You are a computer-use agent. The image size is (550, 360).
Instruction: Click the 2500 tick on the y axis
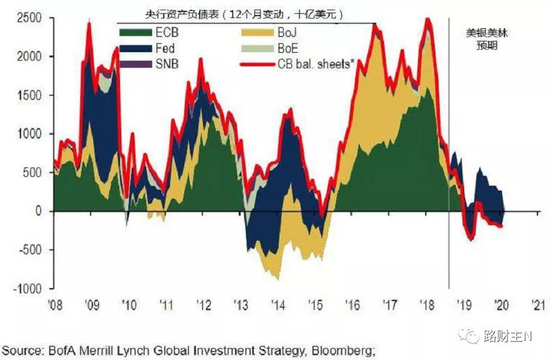tap(29, 18)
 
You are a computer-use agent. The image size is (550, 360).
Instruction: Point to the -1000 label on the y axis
tap(28, 289)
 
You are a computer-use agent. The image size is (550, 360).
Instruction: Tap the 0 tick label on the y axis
tap(38, 211)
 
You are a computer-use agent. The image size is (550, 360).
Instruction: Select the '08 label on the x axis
tap(55, 305)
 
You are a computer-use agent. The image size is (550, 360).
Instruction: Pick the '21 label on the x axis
tap(539, 305)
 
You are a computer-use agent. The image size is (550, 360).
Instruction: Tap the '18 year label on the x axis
tap(427, 305)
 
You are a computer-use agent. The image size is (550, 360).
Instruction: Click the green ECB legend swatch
tap(136, 32)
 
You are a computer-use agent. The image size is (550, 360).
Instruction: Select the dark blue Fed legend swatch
tap(136, 49)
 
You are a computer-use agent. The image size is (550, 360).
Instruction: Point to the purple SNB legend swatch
tap(136, 64)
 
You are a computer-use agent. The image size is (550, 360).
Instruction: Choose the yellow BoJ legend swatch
tap(257, 32)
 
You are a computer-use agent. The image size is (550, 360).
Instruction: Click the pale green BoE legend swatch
tap(257, 49)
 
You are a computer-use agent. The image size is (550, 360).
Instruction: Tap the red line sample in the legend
tap(257, 65)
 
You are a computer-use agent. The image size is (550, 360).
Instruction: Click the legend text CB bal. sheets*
tap(316, 64)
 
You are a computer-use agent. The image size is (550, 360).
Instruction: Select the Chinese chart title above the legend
tap(244, 15)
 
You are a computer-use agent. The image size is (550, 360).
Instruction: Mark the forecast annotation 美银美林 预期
tap(487, 39)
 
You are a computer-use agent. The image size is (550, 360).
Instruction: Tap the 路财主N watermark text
tap(508, 336)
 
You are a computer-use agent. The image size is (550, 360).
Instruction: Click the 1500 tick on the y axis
tap(29, 95)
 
